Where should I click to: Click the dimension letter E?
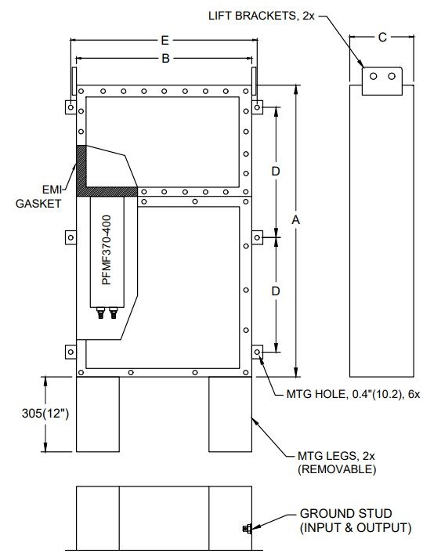(164, 41)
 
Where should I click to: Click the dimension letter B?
(165, 59)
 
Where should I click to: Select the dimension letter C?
(382, 38)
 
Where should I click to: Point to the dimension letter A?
(296, 220)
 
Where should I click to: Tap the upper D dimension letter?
(276, 172)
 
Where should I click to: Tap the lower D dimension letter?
(276, 291)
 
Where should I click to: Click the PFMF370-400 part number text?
(107, 250)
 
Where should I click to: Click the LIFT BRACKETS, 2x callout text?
(262, 16)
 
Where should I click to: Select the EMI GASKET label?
(38, 197)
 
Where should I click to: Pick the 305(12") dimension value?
(45, 414)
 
